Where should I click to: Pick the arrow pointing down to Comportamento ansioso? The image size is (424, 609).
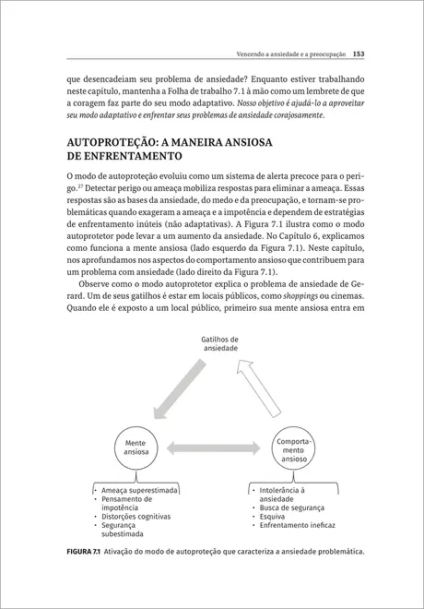pos(264,390)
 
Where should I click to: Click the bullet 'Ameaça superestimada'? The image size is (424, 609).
pos(141,491)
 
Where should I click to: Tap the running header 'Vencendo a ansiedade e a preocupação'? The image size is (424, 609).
pos(289,54)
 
